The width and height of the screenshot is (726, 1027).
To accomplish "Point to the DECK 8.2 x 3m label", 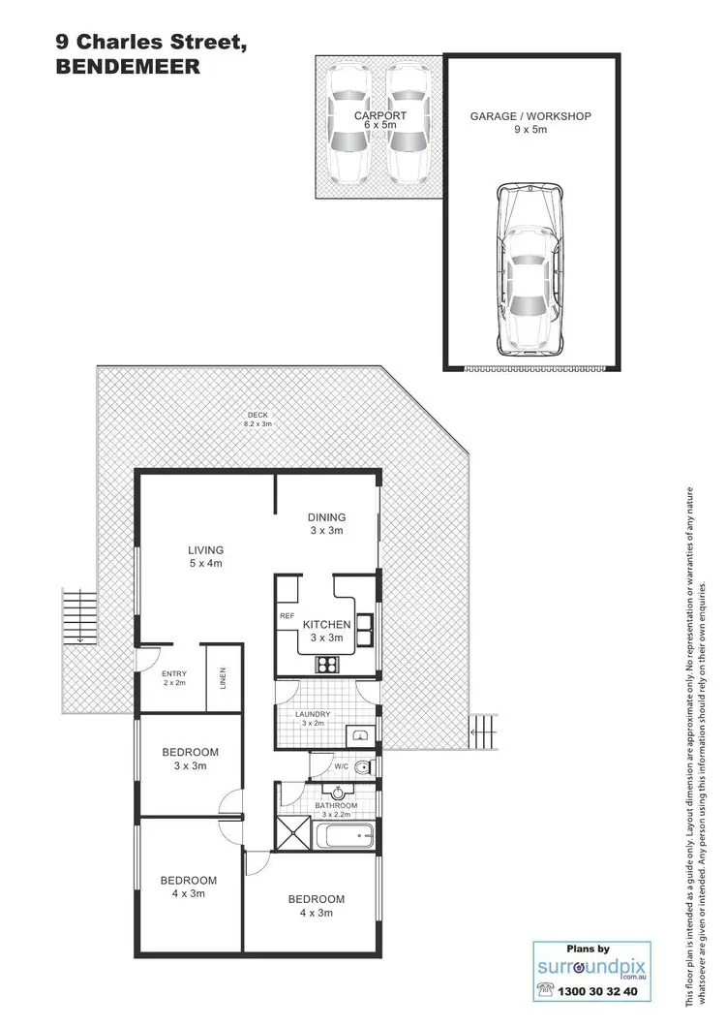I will click(257, 419).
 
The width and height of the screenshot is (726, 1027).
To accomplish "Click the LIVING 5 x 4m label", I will click(206, 556).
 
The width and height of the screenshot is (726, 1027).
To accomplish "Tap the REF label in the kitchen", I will click(287, 615).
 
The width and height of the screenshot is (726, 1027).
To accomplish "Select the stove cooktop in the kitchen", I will click(326, 665).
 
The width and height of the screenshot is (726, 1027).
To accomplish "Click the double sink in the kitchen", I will click(366, 630).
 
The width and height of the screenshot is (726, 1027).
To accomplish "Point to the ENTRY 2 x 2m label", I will click(175, 677).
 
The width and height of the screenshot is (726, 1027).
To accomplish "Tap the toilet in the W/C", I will click(362, 768).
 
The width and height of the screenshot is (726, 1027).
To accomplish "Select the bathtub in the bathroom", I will click(347, 834).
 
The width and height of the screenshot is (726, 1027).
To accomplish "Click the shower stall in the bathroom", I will click(294, 834).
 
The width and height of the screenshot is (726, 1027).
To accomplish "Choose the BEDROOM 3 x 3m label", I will click(189, 758).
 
